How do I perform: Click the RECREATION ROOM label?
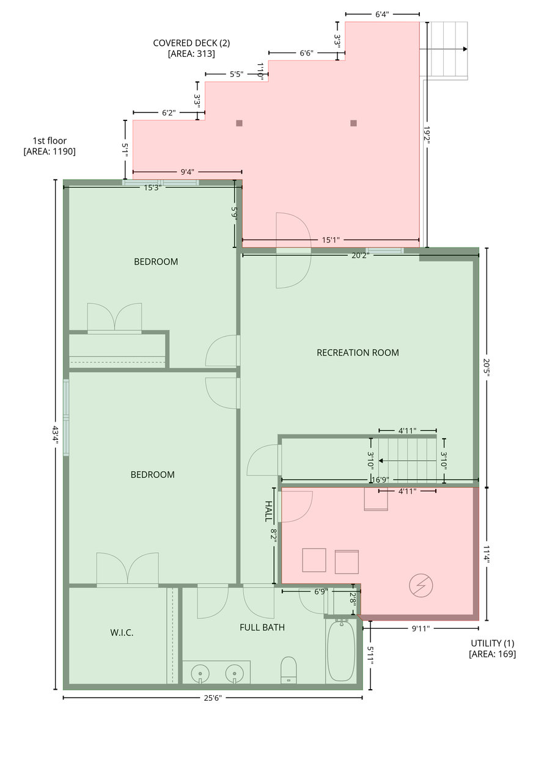(358, 353)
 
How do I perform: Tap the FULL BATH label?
(262, 627)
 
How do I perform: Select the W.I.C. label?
(122, 632)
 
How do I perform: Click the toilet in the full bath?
(289, 670)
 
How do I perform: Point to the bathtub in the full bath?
(341, 651)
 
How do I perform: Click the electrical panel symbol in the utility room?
(421, 585)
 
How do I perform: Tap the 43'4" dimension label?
(55, 434)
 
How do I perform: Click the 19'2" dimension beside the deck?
(427, 135)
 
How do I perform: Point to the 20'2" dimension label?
(360, 255)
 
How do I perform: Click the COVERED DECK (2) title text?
(191, 43)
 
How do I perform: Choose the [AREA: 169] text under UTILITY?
(492, 654)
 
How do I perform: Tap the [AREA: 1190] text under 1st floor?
(50, 152)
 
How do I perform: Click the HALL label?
(268, 511)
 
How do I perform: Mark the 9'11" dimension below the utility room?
(421, 629)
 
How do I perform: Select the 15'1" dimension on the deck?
(331, 240)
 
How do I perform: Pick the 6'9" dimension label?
(321, 592)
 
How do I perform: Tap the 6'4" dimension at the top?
(382, 14)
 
